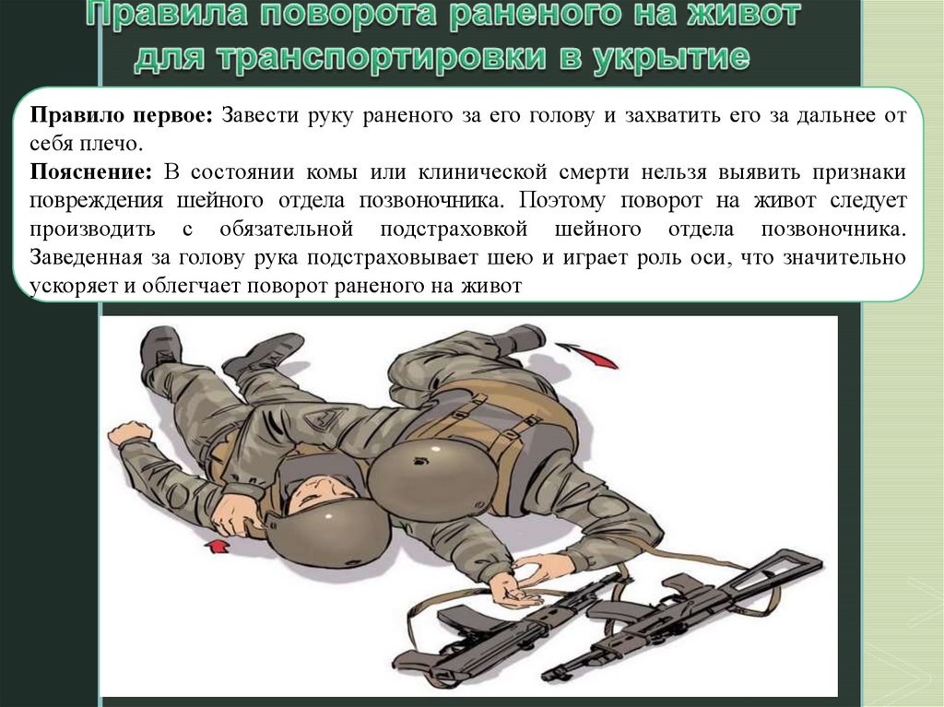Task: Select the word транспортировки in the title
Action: pyautogui.click(x=386, y=57)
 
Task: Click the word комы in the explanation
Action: pyautogui.click(x=329, y=172)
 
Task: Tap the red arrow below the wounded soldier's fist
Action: pyautogui.click(x=218, y=547)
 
